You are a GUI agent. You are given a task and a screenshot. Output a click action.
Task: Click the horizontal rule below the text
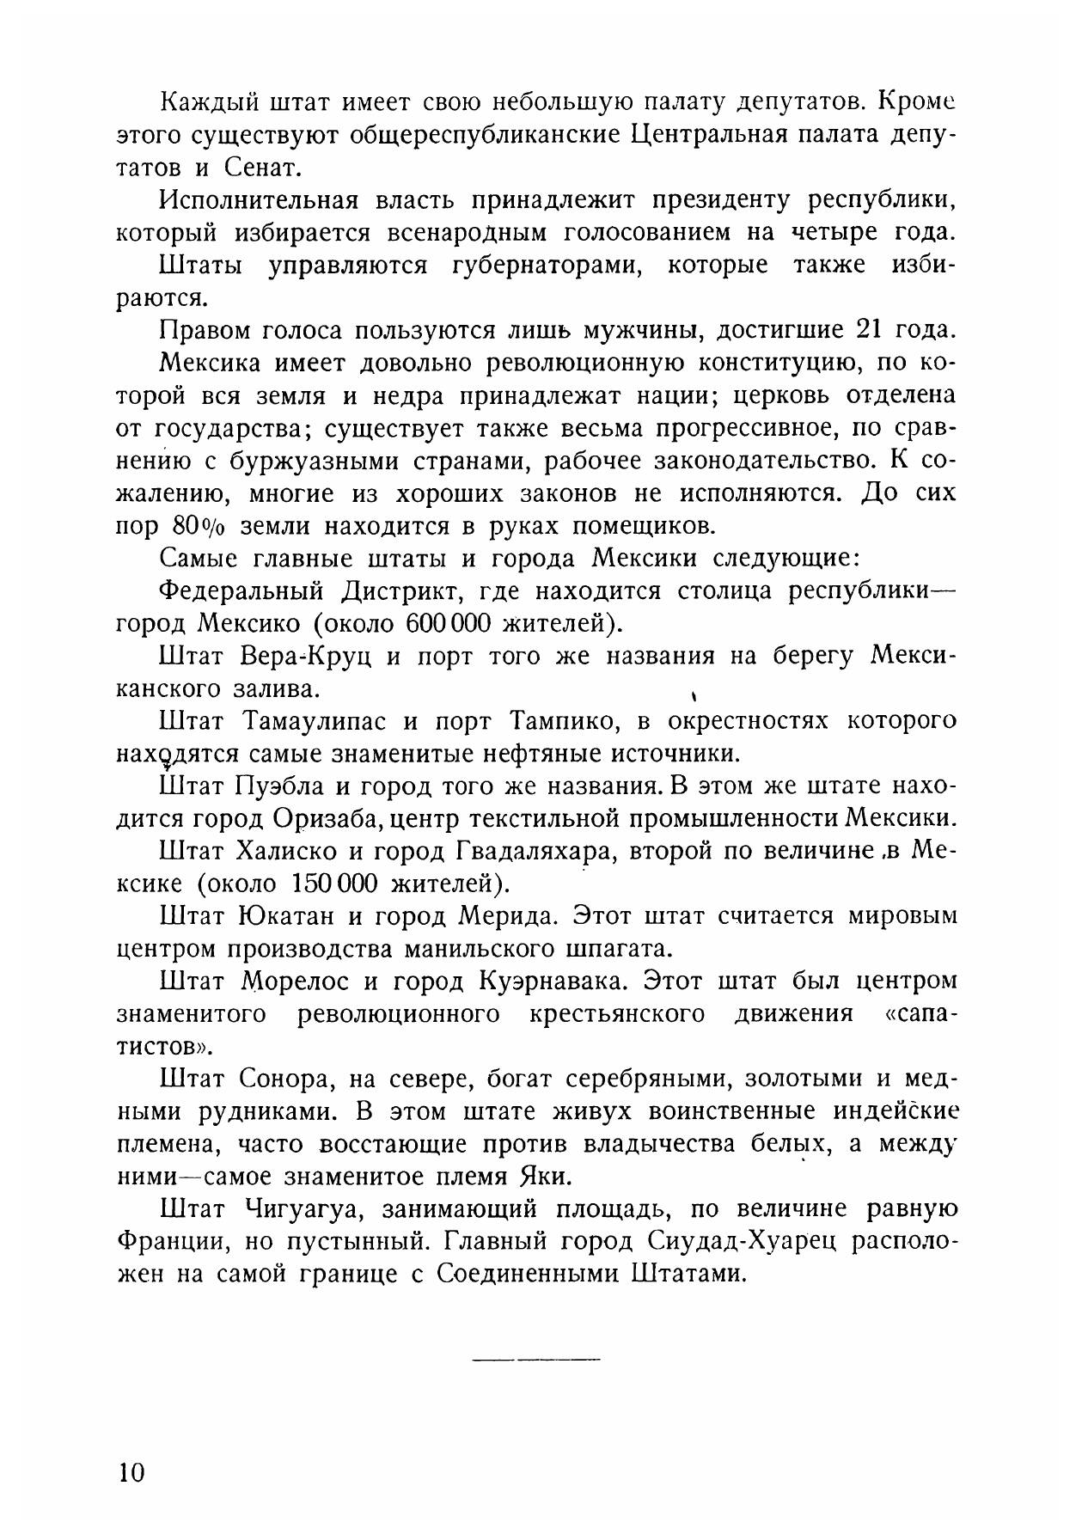coord(536,1359)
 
